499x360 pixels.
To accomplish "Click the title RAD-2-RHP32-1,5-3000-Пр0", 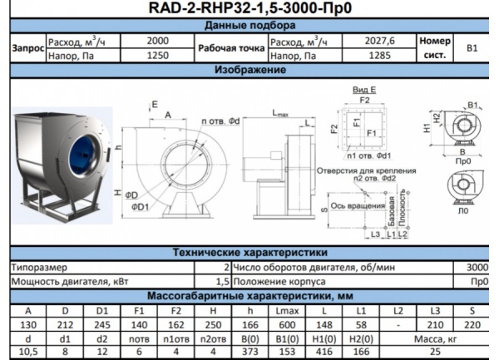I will point(249,9).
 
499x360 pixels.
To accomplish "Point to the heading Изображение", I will point(249,70).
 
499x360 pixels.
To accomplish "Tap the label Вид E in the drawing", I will point(363,89).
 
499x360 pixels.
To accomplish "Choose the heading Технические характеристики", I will point(249,253).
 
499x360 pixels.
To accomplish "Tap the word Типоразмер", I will point(39,267).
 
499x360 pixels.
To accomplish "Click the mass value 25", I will point(453,352).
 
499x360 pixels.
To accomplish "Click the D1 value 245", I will point(101,323).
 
